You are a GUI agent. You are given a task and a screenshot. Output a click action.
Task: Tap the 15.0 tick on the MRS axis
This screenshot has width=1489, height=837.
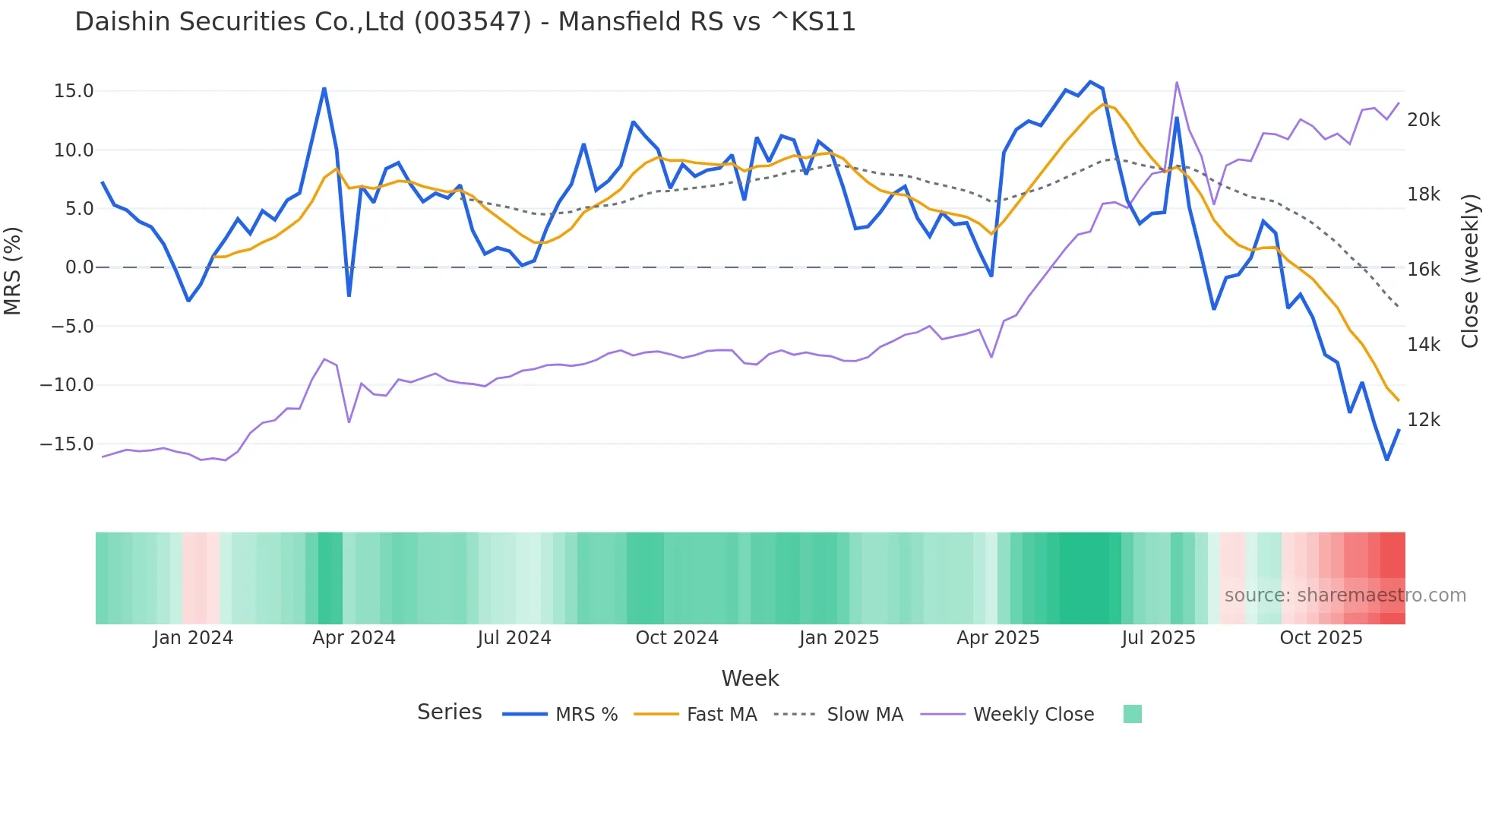74,91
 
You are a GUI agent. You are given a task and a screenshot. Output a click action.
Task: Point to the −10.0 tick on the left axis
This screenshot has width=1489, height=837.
67,385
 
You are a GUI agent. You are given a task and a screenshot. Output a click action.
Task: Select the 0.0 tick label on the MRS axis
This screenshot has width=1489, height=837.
79,267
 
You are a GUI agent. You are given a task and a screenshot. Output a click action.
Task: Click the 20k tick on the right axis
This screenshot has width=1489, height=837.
1423,120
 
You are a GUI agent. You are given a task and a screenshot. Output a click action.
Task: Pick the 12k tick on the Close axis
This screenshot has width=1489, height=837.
1423,420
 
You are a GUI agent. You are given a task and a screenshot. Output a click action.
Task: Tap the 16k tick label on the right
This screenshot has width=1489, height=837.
1423,270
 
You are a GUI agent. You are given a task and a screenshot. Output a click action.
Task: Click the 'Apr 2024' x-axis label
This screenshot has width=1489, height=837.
354,638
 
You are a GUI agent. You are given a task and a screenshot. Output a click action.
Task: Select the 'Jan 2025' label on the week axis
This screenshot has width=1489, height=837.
839,638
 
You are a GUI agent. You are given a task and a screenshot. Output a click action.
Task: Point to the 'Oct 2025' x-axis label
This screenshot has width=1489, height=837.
1321,638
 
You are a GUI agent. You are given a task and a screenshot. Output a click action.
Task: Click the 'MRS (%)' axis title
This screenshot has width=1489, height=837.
13,270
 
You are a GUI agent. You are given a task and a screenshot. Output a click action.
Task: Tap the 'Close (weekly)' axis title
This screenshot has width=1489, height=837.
1471,271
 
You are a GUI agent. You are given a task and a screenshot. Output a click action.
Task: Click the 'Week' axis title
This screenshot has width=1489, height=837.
750,678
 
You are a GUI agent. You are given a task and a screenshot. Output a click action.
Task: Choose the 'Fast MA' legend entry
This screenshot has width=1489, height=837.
722,715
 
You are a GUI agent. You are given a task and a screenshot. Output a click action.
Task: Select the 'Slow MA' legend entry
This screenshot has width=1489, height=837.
865,715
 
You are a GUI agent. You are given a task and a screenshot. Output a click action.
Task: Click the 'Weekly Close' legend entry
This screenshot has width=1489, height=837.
1033,715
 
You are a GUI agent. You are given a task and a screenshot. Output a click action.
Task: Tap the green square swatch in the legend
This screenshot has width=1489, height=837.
1132,714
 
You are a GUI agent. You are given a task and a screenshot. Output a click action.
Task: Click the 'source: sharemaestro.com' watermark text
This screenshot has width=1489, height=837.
1345,595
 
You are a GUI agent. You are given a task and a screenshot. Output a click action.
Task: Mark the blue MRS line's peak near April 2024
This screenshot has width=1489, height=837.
324,88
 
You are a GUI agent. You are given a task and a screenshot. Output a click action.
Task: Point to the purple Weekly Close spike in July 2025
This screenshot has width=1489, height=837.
1176,82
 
